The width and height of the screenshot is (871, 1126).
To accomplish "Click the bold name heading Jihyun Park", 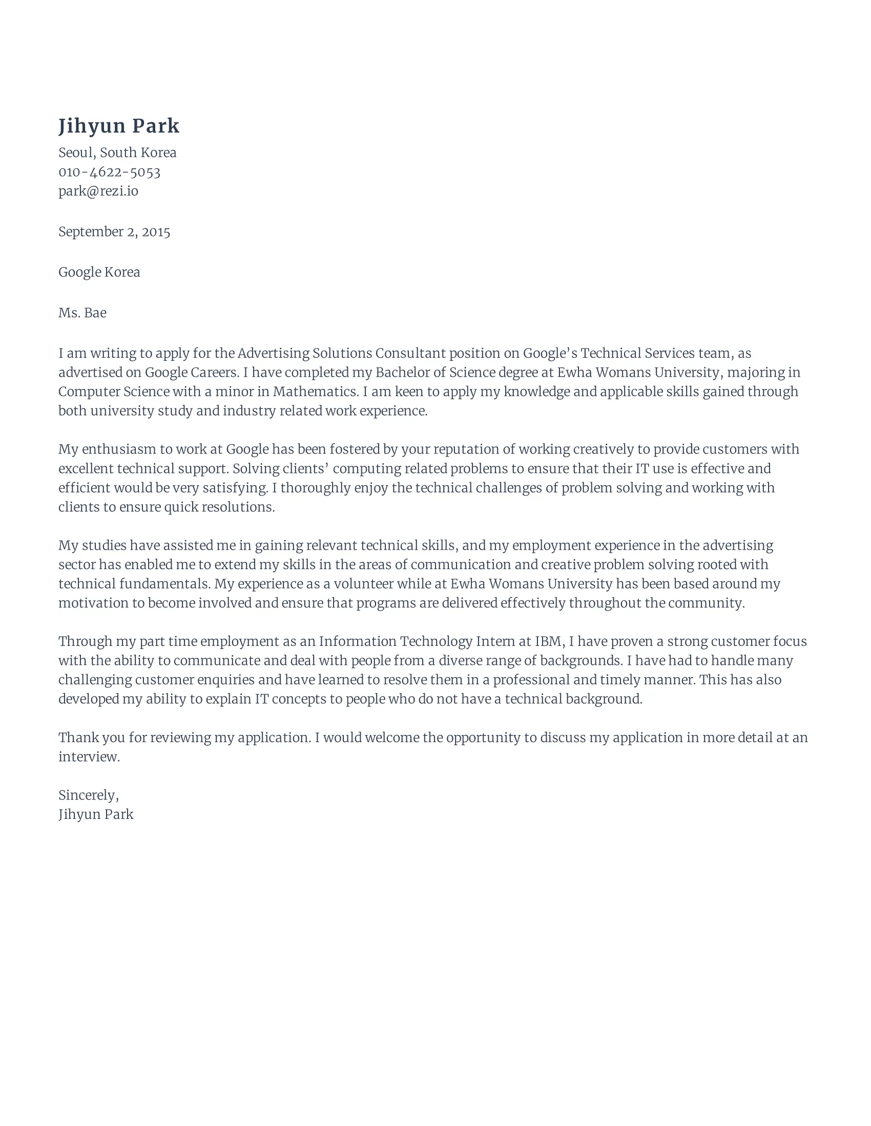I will [x=119, y=126].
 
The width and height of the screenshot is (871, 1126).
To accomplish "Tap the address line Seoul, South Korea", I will [x=117, y=153].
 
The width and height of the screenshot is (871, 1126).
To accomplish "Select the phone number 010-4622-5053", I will [x=110, y=172].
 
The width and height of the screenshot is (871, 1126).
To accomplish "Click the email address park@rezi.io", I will [x=98, y=191].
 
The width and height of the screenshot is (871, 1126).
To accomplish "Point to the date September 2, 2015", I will [x=114, y=232].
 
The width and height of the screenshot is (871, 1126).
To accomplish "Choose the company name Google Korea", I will [x=99, y=272].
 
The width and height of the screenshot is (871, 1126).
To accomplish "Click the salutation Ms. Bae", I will [x=82, y=313].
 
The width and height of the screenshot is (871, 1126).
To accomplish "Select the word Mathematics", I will [x=315, y=392].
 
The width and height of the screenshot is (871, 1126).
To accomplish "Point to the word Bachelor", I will [x=401, y=372].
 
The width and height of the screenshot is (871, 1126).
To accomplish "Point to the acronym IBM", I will [x=548, y=642].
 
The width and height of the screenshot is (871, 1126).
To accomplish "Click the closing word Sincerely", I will [x=88, y=795].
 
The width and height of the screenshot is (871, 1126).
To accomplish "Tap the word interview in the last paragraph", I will [x=88, y=757].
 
